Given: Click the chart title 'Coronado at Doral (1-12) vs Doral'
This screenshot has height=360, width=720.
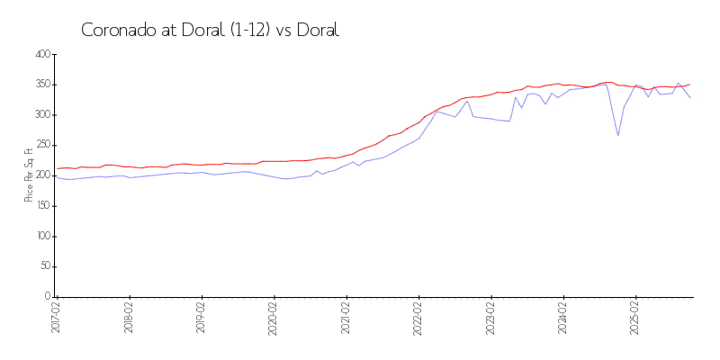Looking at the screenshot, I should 210,30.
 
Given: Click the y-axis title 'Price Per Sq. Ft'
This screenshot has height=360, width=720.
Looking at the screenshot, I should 29,175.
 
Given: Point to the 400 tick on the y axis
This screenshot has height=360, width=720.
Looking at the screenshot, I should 41,55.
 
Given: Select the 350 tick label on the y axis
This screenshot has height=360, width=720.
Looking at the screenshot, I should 41,85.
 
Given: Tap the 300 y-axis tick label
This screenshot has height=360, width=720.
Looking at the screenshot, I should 41,115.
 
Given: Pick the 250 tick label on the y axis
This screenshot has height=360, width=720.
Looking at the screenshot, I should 41,146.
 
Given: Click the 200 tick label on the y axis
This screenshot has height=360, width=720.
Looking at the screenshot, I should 41,175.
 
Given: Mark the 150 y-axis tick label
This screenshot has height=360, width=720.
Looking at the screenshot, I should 41,206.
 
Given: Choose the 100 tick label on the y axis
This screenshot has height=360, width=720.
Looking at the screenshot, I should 41,237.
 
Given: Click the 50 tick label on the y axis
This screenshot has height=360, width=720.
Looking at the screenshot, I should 43,266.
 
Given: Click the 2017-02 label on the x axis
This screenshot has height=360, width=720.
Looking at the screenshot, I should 57,319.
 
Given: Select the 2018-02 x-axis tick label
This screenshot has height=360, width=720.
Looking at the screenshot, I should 130,319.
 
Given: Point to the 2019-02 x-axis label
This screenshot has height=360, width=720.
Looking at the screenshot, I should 202,319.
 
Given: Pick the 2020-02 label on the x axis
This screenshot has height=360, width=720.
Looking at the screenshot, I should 274,319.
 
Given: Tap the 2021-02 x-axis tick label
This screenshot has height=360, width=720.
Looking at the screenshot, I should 346,319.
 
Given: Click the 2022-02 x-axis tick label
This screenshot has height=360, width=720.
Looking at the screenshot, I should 418,319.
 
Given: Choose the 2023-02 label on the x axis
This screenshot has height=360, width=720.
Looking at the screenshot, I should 491,319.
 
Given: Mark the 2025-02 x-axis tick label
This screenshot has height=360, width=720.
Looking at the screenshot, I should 635,319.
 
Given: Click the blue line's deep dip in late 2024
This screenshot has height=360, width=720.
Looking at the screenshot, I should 618,135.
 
